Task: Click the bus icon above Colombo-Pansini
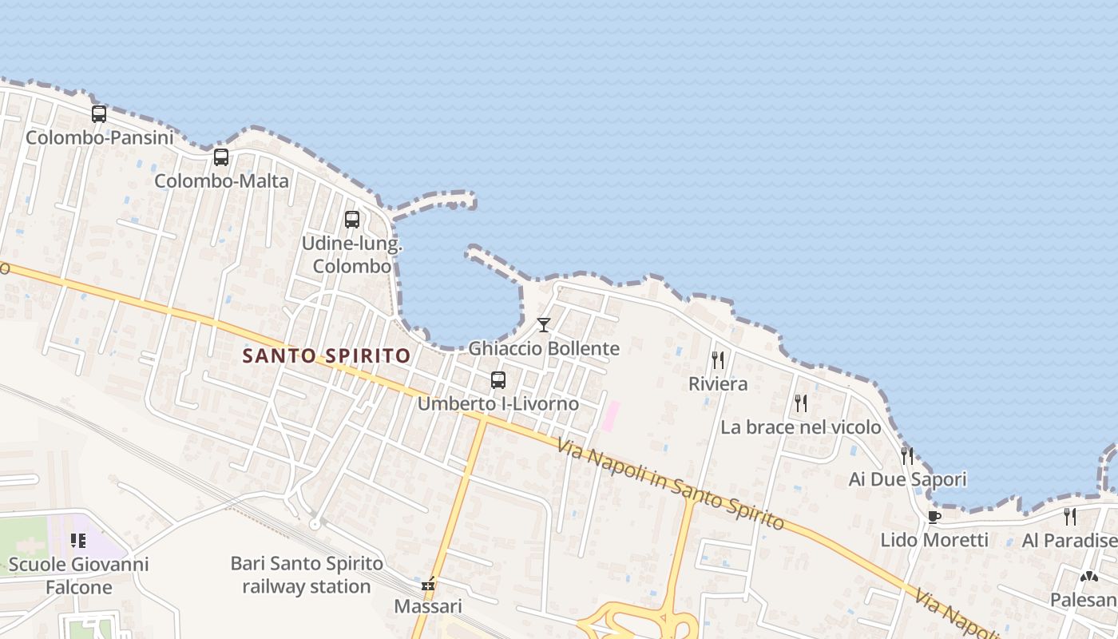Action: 99,114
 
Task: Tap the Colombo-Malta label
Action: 221,181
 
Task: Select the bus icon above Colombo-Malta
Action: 221,157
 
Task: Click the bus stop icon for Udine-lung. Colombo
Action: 352,219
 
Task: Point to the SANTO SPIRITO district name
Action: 327,355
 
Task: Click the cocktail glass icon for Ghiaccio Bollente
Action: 544,324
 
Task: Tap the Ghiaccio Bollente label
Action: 544,349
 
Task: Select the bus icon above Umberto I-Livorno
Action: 498,379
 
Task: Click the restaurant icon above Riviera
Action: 718,359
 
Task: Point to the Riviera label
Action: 718,384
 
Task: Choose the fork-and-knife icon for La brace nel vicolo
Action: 800,403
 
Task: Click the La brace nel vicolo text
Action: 800,427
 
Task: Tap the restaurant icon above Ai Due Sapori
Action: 907,455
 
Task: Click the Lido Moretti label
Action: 934,540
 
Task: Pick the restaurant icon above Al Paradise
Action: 1070,516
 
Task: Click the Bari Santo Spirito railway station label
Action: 307,575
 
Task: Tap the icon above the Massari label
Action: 429,584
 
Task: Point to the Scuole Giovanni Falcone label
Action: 78,576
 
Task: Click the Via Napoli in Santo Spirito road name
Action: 671,484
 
